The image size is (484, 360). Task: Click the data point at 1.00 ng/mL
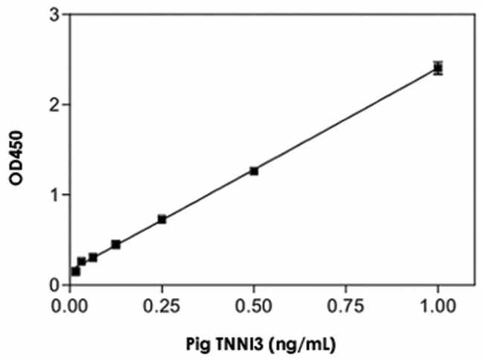[x=438, y=69]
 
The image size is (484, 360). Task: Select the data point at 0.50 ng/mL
[x=254, y=171]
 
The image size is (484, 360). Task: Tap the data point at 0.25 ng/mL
[x=162, y=219]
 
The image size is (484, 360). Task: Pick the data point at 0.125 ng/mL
[x=115, y=244]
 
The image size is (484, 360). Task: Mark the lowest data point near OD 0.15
[x=76, y=271]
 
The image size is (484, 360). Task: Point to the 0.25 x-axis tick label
[x=162, y=303]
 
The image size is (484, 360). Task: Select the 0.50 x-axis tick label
[x=254, y=303]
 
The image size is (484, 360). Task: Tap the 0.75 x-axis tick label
[x=346, y=303]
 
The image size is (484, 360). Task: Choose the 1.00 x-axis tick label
[x=438, y=303]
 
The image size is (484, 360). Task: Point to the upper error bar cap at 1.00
[x=438, y=62]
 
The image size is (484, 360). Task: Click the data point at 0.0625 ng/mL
[x=93, y=257]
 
